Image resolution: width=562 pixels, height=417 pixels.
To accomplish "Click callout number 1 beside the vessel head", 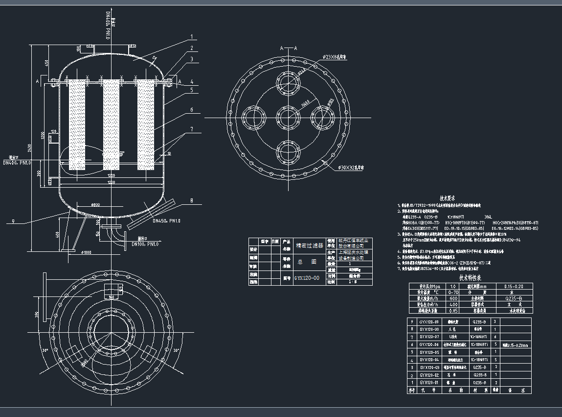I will click(x=192, y=36).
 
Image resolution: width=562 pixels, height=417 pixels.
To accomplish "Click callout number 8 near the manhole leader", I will click(x=191, y=200).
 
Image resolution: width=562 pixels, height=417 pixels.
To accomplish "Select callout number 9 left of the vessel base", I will click(x=14, y=221).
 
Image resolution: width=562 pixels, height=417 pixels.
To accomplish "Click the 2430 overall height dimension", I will click(x=30, y=147).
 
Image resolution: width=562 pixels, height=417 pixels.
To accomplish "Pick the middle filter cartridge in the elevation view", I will click(x=111, y=125).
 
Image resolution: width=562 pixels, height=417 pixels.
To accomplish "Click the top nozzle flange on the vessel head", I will click(x=111, y=46).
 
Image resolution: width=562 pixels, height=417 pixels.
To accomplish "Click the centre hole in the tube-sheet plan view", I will click(x=286, y=118).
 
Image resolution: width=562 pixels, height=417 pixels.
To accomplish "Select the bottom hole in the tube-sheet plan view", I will click(x=286, y=151).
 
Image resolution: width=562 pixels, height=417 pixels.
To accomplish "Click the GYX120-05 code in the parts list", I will click(x=429, y=352).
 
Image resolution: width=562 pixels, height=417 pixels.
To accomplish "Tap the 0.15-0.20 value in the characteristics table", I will click(x=514, y=286).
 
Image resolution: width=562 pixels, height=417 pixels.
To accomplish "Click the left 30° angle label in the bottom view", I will click(x=45, y=351).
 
